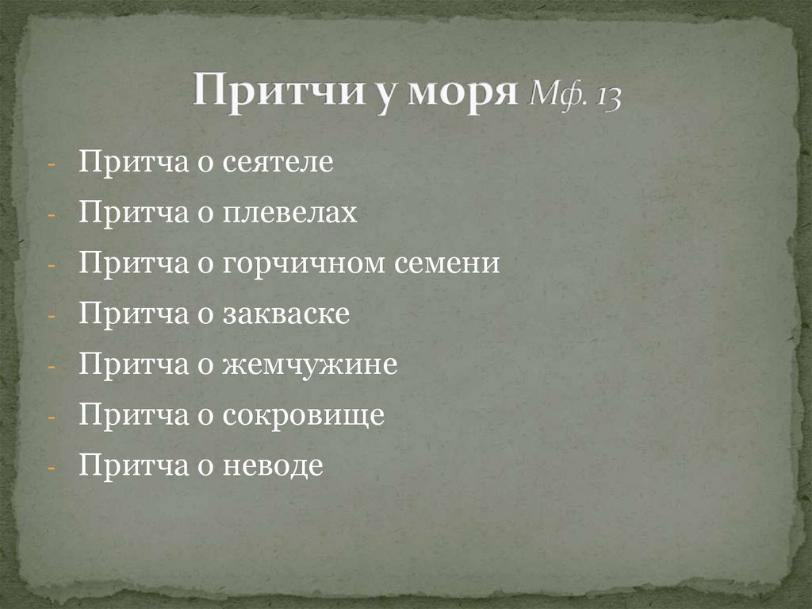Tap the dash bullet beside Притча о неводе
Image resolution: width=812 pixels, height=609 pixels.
(x=51, y=468)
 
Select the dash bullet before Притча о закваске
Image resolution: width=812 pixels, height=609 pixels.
(x=51, y=315)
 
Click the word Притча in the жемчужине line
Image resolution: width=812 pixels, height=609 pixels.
(x=129, y=365)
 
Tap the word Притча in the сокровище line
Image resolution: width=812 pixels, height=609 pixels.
(x=129, y=416)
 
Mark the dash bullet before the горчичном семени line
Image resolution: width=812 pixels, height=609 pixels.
(x=51, y=264)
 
